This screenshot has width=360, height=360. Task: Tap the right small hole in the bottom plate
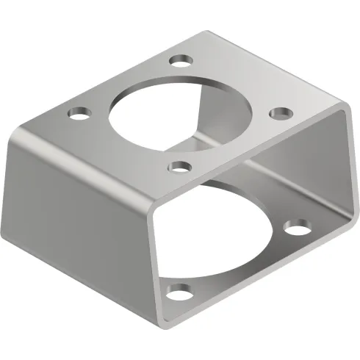[x=298, y=228]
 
